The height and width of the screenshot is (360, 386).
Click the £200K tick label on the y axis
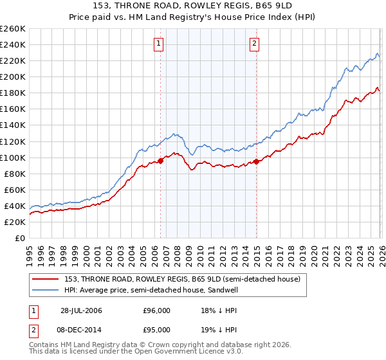[12, 76]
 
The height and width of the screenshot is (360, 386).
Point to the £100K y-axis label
[12, 157]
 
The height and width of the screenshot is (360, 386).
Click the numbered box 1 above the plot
[159, 44]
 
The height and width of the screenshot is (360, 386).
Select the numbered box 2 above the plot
[255, 44]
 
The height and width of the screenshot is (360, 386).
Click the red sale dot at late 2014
[256, 161]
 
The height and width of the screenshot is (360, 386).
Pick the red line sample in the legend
[45, 279]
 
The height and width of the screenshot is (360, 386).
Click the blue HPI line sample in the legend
[45, 290]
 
